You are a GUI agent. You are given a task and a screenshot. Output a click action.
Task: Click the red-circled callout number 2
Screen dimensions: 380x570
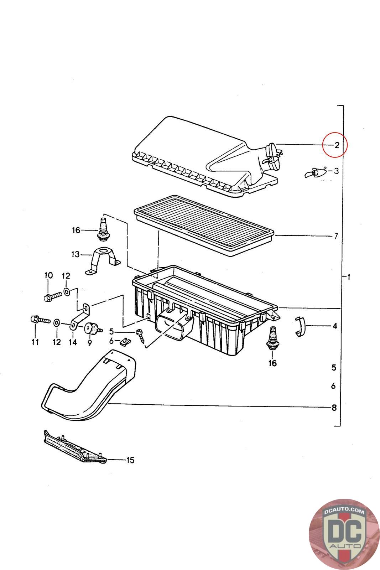tap(337, 145)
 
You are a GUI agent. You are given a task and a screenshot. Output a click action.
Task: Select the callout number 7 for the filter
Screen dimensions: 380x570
tap(336, 236)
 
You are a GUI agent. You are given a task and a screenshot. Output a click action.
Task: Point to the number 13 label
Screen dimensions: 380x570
tap(75, 254)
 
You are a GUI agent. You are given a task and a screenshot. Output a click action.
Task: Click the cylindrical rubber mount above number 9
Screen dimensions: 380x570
tap(93, 330)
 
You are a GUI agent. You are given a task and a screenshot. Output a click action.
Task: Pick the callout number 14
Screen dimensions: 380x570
tap(73, 342)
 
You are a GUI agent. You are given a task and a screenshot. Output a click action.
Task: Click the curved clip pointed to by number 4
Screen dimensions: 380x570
tap(300, 327)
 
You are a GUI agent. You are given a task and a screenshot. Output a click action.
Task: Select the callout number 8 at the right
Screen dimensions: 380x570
tap(334, 408)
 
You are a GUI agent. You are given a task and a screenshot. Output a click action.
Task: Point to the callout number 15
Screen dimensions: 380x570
tap(130, 460)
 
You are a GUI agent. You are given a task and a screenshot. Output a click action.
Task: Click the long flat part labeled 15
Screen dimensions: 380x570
tap(75, 447)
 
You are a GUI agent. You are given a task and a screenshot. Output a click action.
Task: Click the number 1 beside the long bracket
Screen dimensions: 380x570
tap(348, 276)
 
